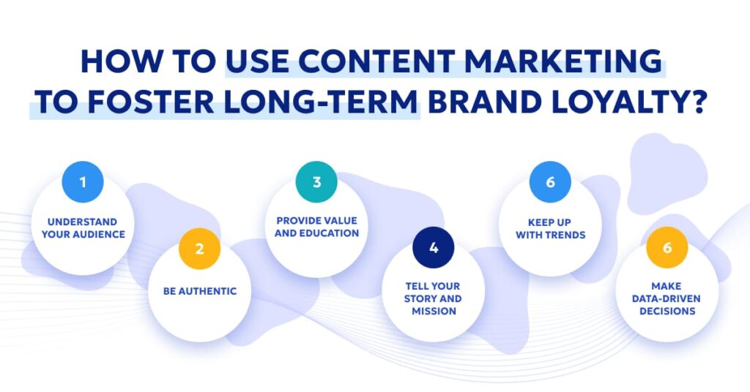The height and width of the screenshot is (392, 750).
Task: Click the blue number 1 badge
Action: click(x=82, y=181)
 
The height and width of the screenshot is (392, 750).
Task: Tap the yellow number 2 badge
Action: click(x=199, y=247)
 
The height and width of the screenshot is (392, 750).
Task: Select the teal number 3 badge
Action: click(x=316, y=181)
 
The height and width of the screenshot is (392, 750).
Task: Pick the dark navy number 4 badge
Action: click(x=434, y=247)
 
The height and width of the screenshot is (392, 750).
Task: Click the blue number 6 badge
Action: click(x=551, y=181)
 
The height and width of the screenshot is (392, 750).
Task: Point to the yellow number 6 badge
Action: click(x=667, y=247)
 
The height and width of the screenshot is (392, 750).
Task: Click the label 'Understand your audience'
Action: click(x=83, y=227)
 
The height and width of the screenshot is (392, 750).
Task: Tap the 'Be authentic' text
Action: click(x=200, y=291)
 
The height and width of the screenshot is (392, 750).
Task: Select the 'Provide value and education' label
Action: click(x=317, y=227)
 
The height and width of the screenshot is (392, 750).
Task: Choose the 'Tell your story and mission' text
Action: click(x=434, y=298)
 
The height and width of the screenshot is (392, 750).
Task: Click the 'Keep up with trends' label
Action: click(x=551, y=227)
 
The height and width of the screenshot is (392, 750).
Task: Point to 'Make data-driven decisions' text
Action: click(x=667, y=298)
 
